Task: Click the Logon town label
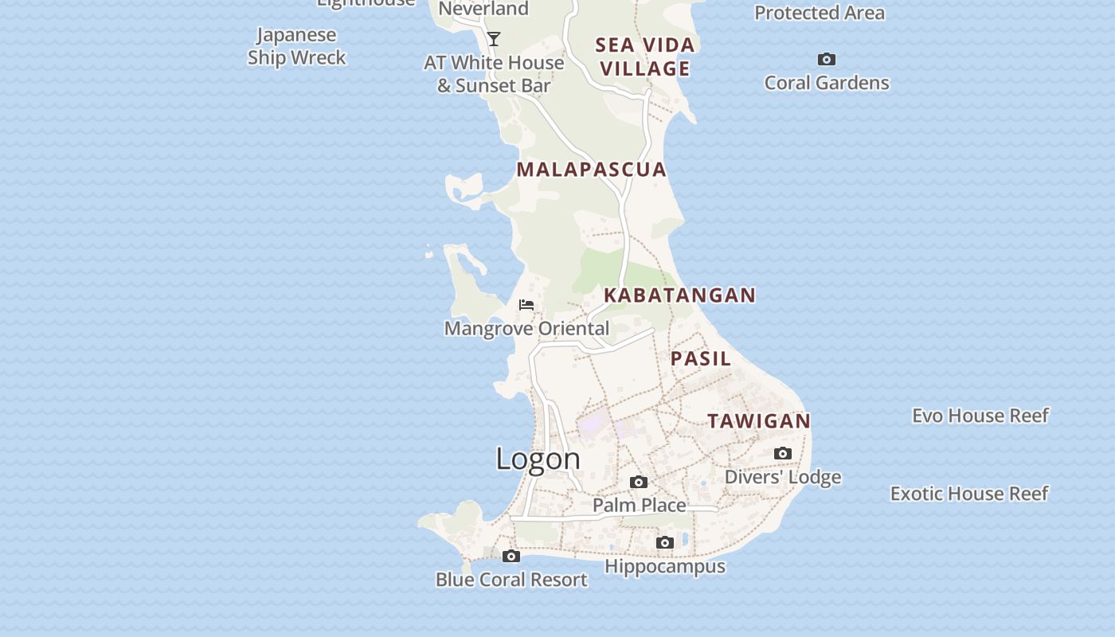pos(538,459)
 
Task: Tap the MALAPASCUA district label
pos(591,169)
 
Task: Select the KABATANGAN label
pos(679,295)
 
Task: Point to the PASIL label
pos(701,358)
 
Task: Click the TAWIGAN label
pos(759,420)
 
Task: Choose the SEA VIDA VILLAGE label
pos(645,57)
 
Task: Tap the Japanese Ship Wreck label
pos(297,46)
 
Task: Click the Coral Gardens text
pos(827,83)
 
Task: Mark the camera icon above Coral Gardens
pos(827,60)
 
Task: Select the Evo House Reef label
pos(980,416)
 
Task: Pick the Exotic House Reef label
pos(969,494)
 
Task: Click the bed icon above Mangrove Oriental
pos(526,305)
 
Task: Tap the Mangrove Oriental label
pos(526,328)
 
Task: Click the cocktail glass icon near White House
pos(494,38)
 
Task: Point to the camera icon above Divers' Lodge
pos(783,454)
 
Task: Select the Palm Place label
pos(639,506)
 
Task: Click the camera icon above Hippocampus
pos(665,543)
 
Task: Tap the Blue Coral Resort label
pos(511,580)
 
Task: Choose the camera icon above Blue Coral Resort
pos(511,557)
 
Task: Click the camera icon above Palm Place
pos(639,483)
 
